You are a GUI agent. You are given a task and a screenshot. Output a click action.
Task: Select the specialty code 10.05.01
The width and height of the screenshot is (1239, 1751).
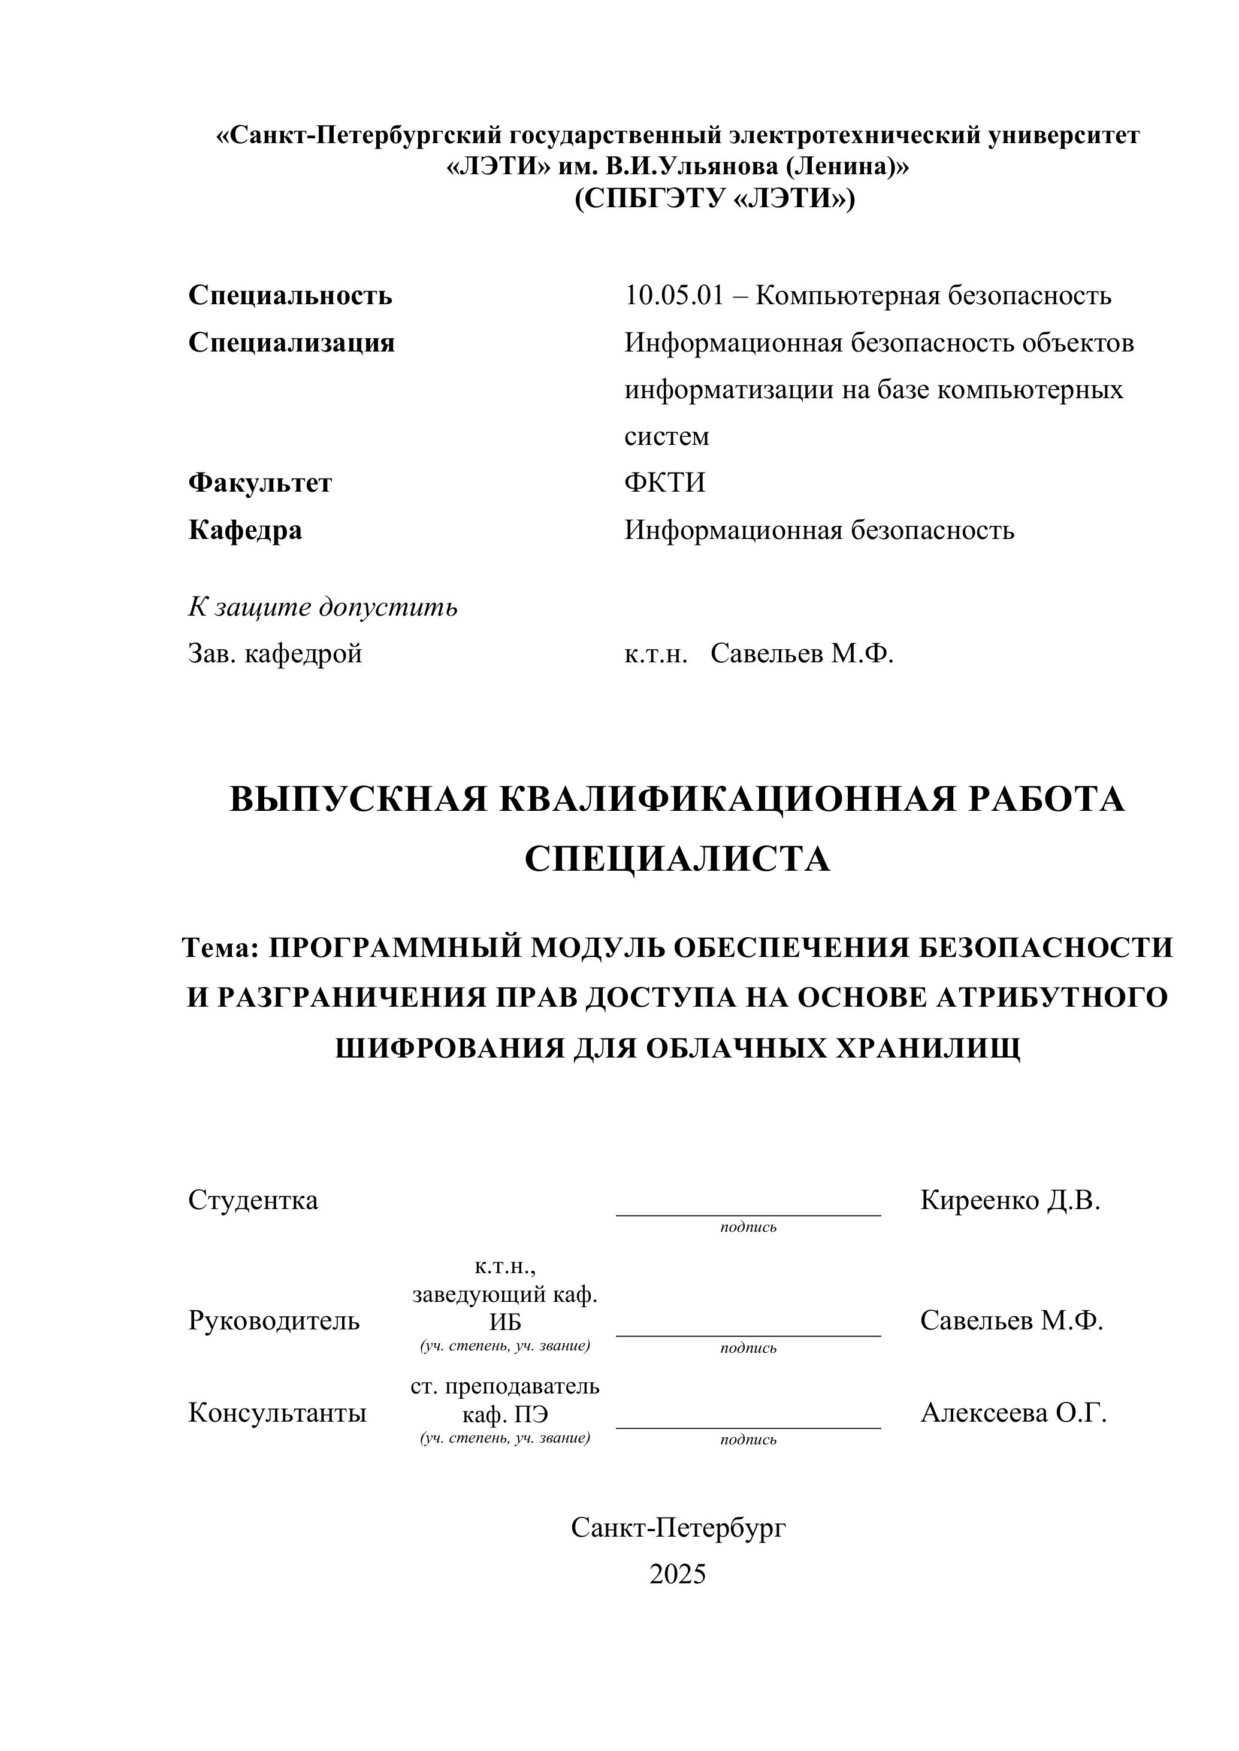point(673,295)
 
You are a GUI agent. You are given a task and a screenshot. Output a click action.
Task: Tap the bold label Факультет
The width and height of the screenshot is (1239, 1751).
point(260,483)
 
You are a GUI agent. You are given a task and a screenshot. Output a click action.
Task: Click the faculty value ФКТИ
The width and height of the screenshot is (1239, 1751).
point(664,483)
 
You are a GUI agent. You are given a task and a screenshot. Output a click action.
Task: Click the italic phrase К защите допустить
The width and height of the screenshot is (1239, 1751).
point(323,607)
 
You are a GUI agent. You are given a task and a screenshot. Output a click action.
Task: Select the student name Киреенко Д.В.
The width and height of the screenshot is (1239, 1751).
point(1010,1201)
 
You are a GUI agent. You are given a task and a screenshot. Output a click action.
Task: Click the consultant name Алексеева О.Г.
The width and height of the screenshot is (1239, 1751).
point(1013,1413)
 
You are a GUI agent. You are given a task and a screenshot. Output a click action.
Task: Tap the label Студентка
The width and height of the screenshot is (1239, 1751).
point(253,1201)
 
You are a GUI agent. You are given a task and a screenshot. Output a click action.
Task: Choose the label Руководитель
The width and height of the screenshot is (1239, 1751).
point(274,1320)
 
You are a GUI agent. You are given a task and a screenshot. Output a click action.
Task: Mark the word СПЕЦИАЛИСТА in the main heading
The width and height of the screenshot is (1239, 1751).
point(678,859)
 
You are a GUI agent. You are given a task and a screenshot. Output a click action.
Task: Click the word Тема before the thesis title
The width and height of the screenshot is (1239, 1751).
point(220,948)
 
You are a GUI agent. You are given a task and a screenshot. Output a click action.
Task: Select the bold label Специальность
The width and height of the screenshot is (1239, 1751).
point(290,295)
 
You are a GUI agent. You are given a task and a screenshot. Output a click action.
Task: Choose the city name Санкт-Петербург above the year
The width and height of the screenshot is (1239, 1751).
point(678,1528)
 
